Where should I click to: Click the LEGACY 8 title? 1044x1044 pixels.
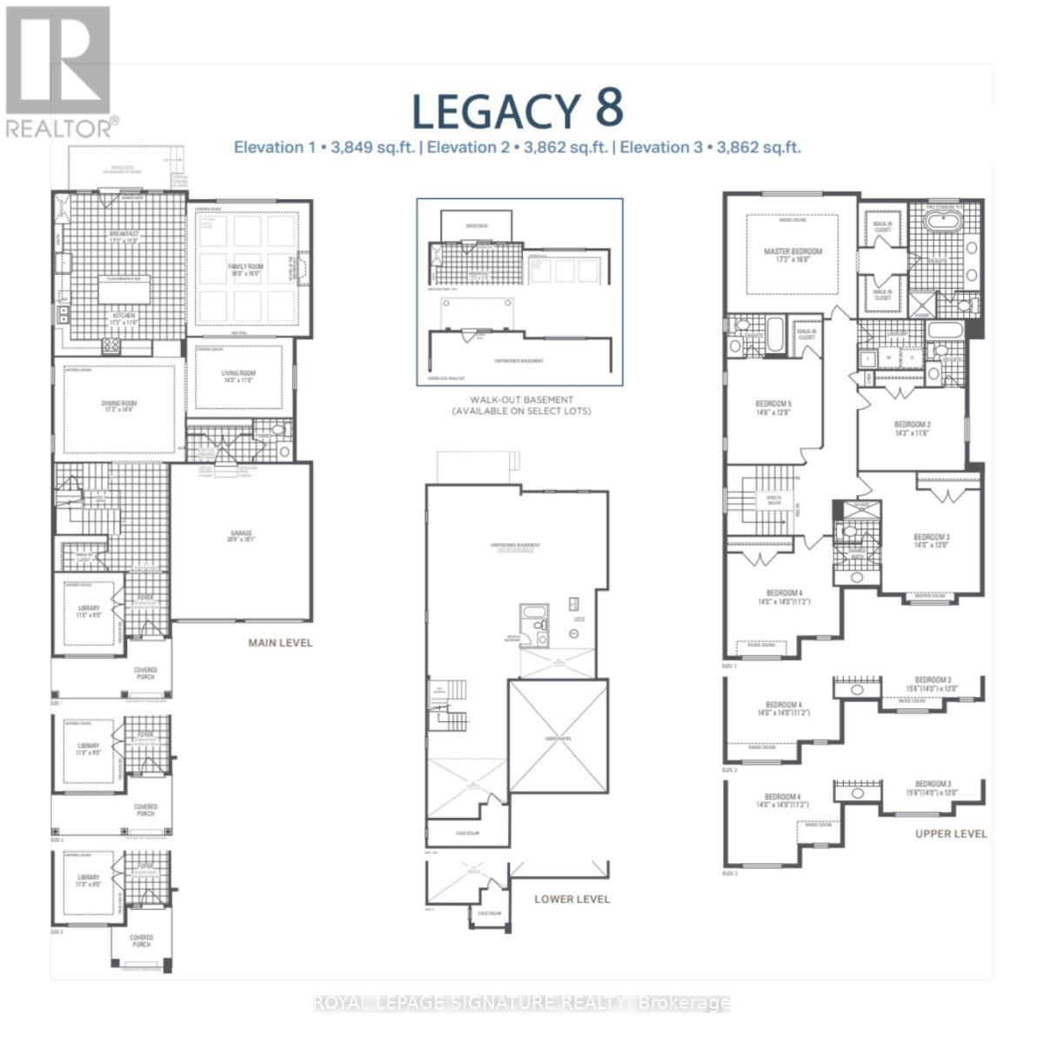coord(517,110)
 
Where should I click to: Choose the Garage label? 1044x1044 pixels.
coord(241,537)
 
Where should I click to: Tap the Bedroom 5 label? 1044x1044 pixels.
coord(773,408)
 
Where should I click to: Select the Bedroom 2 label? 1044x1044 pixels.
coord(912,428)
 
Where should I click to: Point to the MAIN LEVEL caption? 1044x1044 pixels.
coord(280,643)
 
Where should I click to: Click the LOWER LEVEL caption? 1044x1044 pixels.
coord(572,899)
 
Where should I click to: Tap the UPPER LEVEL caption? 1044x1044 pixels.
coord(951,833)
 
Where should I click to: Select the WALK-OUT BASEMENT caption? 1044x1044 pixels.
coord(521,405)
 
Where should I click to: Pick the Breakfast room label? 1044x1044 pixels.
coord(124,238)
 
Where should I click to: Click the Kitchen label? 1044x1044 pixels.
coord(122,319)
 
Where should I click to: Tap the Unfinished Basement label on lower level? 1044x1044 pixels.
coord(515,546)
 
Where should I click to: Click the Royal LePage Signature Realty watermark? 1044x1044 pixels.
coord(521,1003)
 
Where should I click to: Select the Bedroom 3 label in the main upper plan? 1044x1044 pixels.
coord(931,541)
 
